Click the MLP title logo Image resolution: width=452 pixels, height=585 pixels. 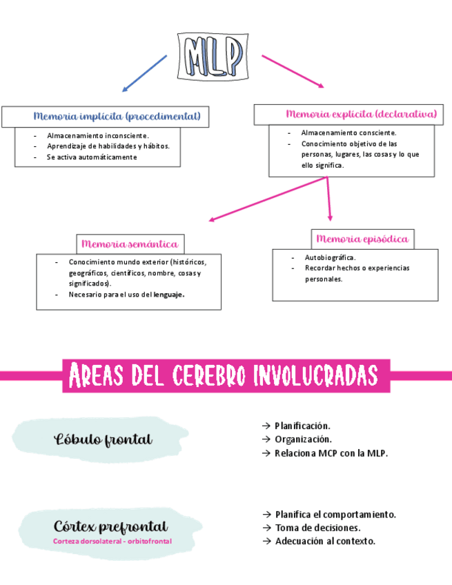pyautogui.click(x=213, y=54)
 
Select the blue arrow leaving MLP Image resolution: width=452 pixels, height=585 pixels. pyautogui.click(x=145, y=73)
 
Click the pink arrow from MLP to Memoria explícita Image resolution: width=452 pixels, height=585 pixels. pyautogui.click(x=293, y=70)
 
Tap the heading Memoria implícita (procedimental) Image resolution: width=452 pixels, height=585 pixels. pyautogui.click(x=117, y=116)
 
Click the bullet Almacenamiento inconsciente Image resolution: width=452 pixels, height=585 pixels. pyautogui.click(x=97, y=136)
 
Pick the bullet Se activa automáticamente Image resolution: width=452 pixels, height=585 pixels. pyautogui.click(x=92, y=157)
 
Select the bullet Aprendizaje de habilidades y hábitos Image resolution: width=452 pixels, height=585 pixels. pyautogui.click(x=108, y=146)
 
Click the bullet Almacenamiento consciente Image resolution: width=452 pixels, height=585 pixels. pyautogui.click(x=348, y=132)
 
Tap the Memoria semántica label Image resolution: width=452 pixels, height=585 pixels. pyautogui.click(x=130, y=244)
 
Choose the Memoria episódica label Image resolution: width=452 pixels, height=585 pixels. pyautogui.click(x=362, y=239)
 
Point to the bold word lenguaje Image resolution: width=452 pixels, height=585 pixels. pyautogui.click(x=169, y=295)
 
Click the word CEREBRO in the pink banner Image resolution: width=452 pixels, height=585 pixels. pyautogui.click(x=207, y=376)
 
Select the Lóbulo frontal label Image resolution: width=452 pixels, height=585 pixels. pyautogui.click(x=104, y=439)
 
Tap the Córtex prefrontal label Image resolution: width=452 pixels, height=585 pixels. pyautogui.click(x=110, y=527)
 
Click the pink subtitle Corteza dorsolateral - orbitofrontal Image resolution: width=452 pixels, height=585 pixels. pyautogui.click(x=112, y=542)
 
